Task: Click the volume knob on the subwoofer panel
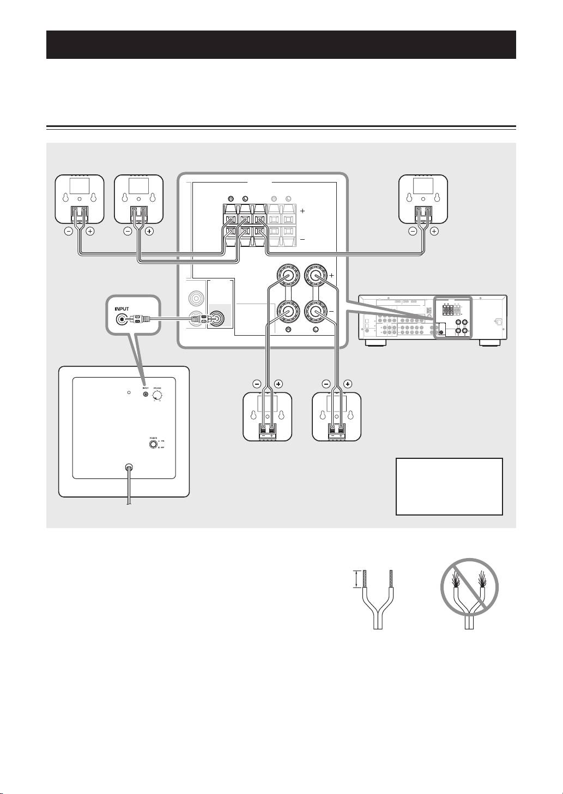point(158,395)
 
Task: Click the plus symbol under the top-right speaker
point(434,231)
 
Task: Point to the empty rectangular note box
point(449,486)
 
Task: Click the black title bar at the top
point(281,45)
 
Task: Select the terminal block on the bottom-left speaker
point(267,433)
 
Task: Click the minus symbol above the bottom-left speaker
point(256,384)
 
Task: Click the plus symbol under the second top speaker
point(150,231)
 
